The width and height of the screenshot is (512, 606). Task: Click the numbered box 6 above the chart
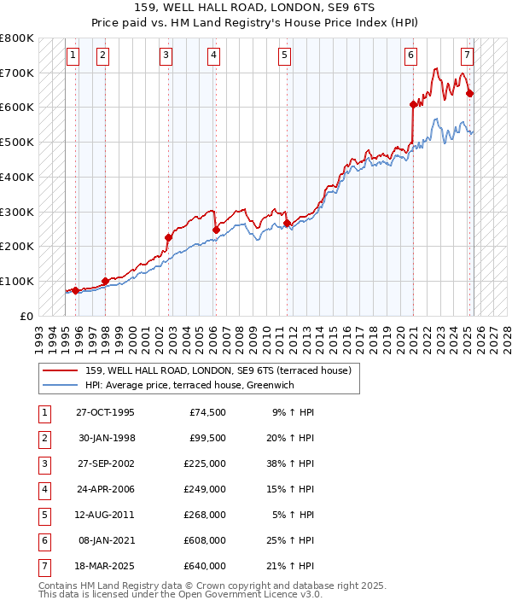pyautogui.click(x=411, y=56)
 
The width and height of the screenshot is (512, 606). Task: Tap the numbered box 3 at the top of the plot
pyautogui.click(x=166, y=56)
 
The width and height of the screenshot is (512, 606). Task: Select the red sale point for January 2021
pyautogui.click(x=413, y=104)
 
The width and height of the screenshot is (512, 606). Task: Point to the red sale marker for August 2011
pyautogui.click(x=288, y=223)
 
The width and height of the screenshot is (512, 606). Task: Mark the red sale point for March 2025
pyautogui.click(x=470, y=93)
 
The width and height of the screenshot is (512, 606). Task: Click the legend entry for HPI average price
pyautogui.click(x=189, y=386)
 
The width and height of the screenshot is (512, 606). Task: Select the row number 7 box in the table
pyautogui.click(x=43, y=566)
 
